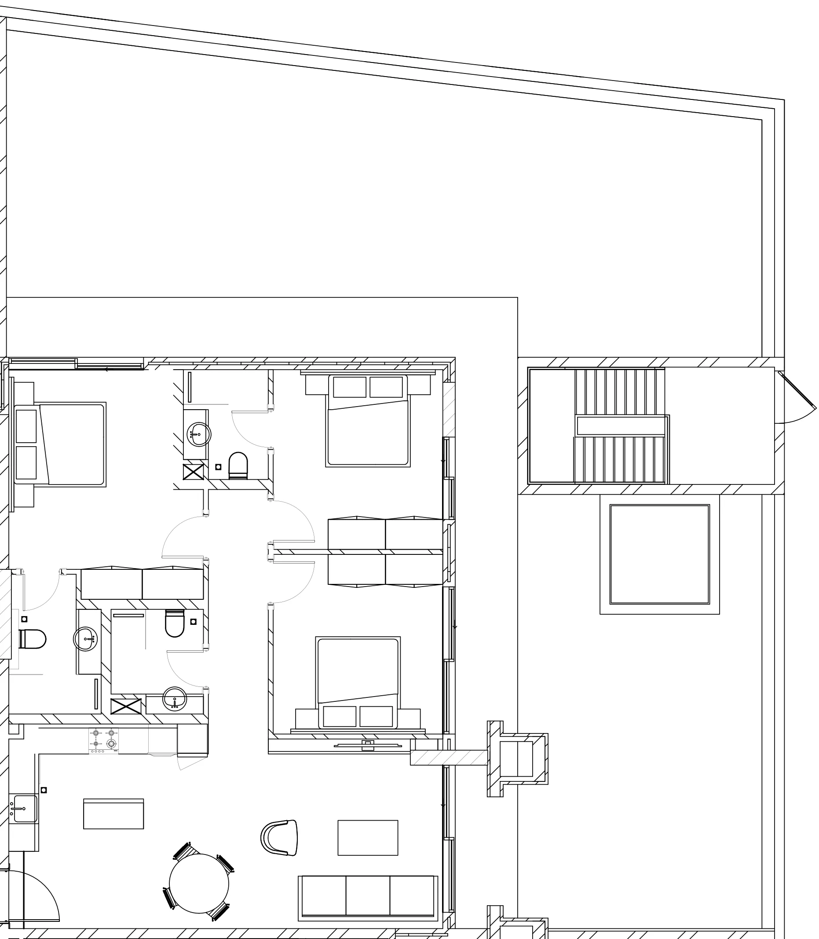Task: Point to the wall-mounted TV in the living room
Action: pyautogui.click(x=368, y=746)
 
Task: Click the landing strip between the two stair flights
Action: pyautogui.click(x=621, y=426)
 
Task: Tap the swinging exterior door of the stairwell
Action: pyautogui.click(x=797, y=390)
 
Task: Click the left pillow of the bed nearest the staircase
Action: pyautogui.click(x=350, y=387)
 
